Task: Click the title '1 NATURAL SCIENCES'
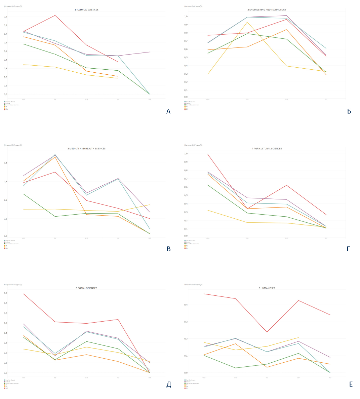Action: click(x=86, y=10)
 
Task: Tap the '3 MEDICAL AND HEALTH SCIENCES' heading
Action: click(x=86, y=148)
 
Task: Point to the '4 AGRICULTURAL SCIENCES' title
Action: click(x=267, y=148)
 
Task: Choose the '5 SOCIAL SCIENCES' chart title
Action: click(x=86, y=288)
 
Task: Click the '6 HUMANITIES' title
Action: click(x=267, y=288)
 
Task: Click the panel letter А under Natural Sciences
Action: click(x=168, y=111)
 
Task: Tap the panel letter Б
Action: click(x=349, y=111)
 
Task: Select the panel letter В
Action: click(x=168, y=249)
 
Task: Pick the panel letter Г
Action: click(x=349, y=249)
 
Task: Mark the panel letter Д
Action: click(x=168, y=385)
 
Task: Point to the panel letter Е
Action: click(x=351, y=385)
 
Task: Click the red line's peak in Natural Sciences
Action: click(x=55, y=15)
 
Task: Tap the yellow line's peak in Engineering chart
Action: click(x=247, y=22)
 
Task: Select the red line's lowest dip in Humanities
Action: click(x=267, y=332)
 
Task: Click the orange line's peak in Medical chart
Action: click(x=55, y=157)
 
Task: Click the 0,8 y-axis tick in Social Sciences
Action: click(x=5, y=293)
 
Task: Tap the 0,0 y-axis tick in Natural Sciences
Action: click(x=5, y=94)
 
